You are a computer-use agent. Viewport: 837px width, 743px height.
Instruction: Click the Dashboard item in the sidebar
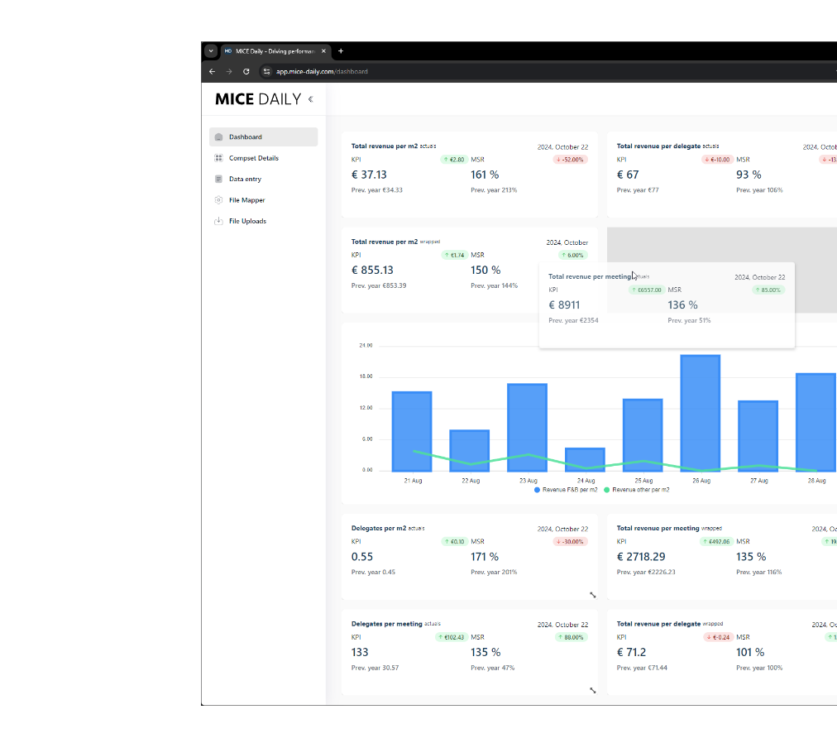coord(246,137)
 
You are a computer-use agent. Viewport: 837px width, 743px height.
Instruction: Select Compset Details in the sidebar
coord(253,158)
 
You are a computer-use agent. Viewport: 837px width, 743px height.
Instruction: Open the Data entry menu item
coord(245,179)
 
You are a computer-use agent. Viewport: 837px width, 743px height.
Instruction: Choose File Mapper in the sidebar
coord(246,200)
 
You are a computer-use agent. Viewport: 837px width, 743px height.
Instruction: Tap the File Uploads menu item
coord(247,221)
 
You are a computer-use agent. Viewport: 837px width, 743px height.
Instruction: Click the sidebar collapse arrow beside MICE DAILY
coord(311,99)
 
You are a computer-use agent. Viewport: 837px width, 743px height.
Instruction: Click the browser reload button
coord(246,72)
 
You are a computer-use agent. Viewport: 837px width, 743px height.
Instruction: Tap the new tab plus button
coord(341,51)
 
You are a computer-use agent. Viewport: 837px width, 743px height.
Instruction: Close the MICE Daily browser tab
coord(323,51)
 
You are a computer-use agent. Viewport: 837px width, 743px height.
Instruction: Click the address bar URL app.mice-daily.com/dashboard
coord(322,72)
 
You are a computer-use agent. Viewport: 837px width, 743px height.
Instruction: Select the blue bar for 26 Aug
coord(700,413)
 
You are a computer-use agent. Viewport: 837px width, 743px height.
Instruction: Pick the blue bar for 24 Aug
coord(585,459)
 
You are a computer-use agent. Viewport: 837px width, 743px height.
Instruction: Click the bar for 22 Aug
coord(469,450)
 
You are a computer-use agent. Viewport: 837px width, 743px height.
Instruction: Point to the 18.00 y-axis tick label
coord(365,376)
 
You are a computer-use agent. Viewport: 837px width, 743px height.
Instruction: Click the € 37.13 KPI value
coord(369,175)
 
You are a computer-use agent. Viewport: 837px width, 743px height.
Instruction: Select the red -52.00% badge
coord(570,160)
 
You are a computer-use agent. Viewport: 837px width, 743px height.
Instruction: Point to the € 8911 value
coord(564,305)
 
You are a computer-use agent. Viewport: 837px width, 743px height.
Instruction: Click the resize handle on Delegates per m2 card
coord(592,594)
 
